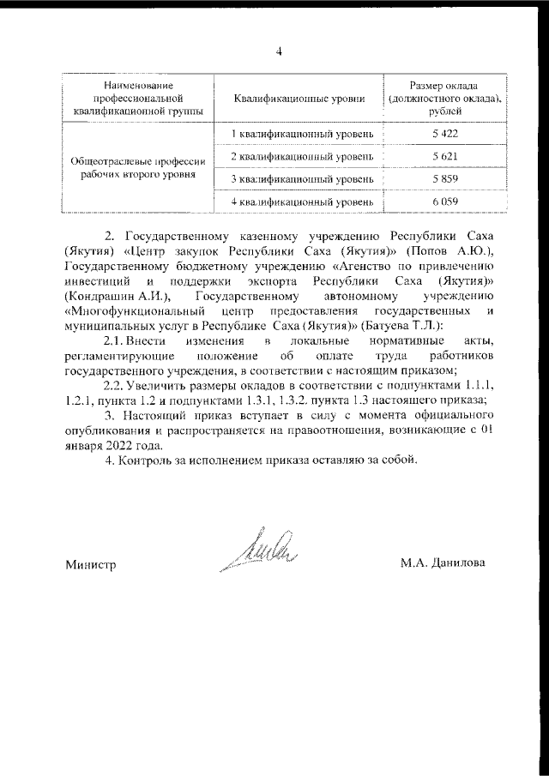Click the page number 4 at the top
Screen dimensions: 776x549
coord(279,50)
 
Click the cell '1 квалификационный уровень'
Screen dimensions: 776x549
coord(302,136)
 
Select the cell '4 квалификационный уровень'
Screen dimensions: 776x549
coord(302,202)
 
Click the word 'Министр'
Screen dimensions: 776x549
coord(90,564)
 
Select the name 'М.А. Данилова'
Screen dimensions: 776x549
coord(442,563)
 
